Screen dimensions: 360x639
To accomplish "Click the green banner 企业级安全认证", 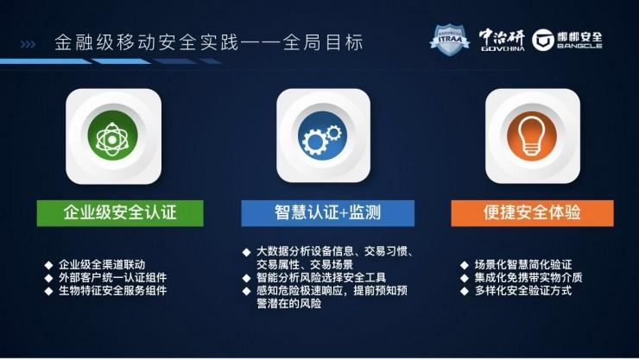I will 120,212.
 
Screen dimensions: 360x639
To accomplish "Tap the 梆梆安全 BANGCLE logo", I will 567,40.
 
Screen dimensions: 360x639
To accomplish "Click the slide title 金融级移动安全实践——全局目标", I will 208,41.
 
